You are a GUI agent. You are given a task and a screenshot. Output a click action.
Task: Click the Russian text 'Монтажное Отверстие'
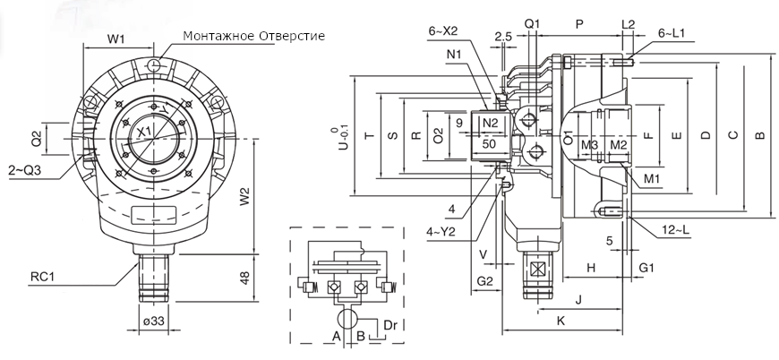coord(253,37)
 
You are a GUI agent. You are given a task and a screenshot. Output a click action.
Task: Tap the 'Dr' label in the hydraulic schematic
coord(390,322)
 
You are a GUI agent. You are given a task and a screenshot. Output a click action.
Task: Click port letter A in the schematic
coord(336,338)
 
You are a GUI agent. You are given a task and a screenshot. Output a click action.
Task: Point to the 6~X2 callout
coord(442,31)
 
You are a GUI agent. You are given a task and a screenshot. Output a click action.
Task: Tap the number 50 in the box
coord(489,143)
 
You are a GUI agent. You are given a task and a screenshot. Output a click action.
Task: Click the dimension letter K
coord(561,320)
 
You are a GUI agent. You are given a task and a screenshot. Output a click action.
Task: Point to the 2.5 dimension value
coord(502,37)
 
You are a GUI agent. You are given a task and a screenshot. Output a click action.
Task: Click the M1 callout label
coord(651,179)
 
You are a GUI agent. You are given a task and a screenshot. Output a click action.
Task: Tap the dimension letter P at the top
coord(580,21)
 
